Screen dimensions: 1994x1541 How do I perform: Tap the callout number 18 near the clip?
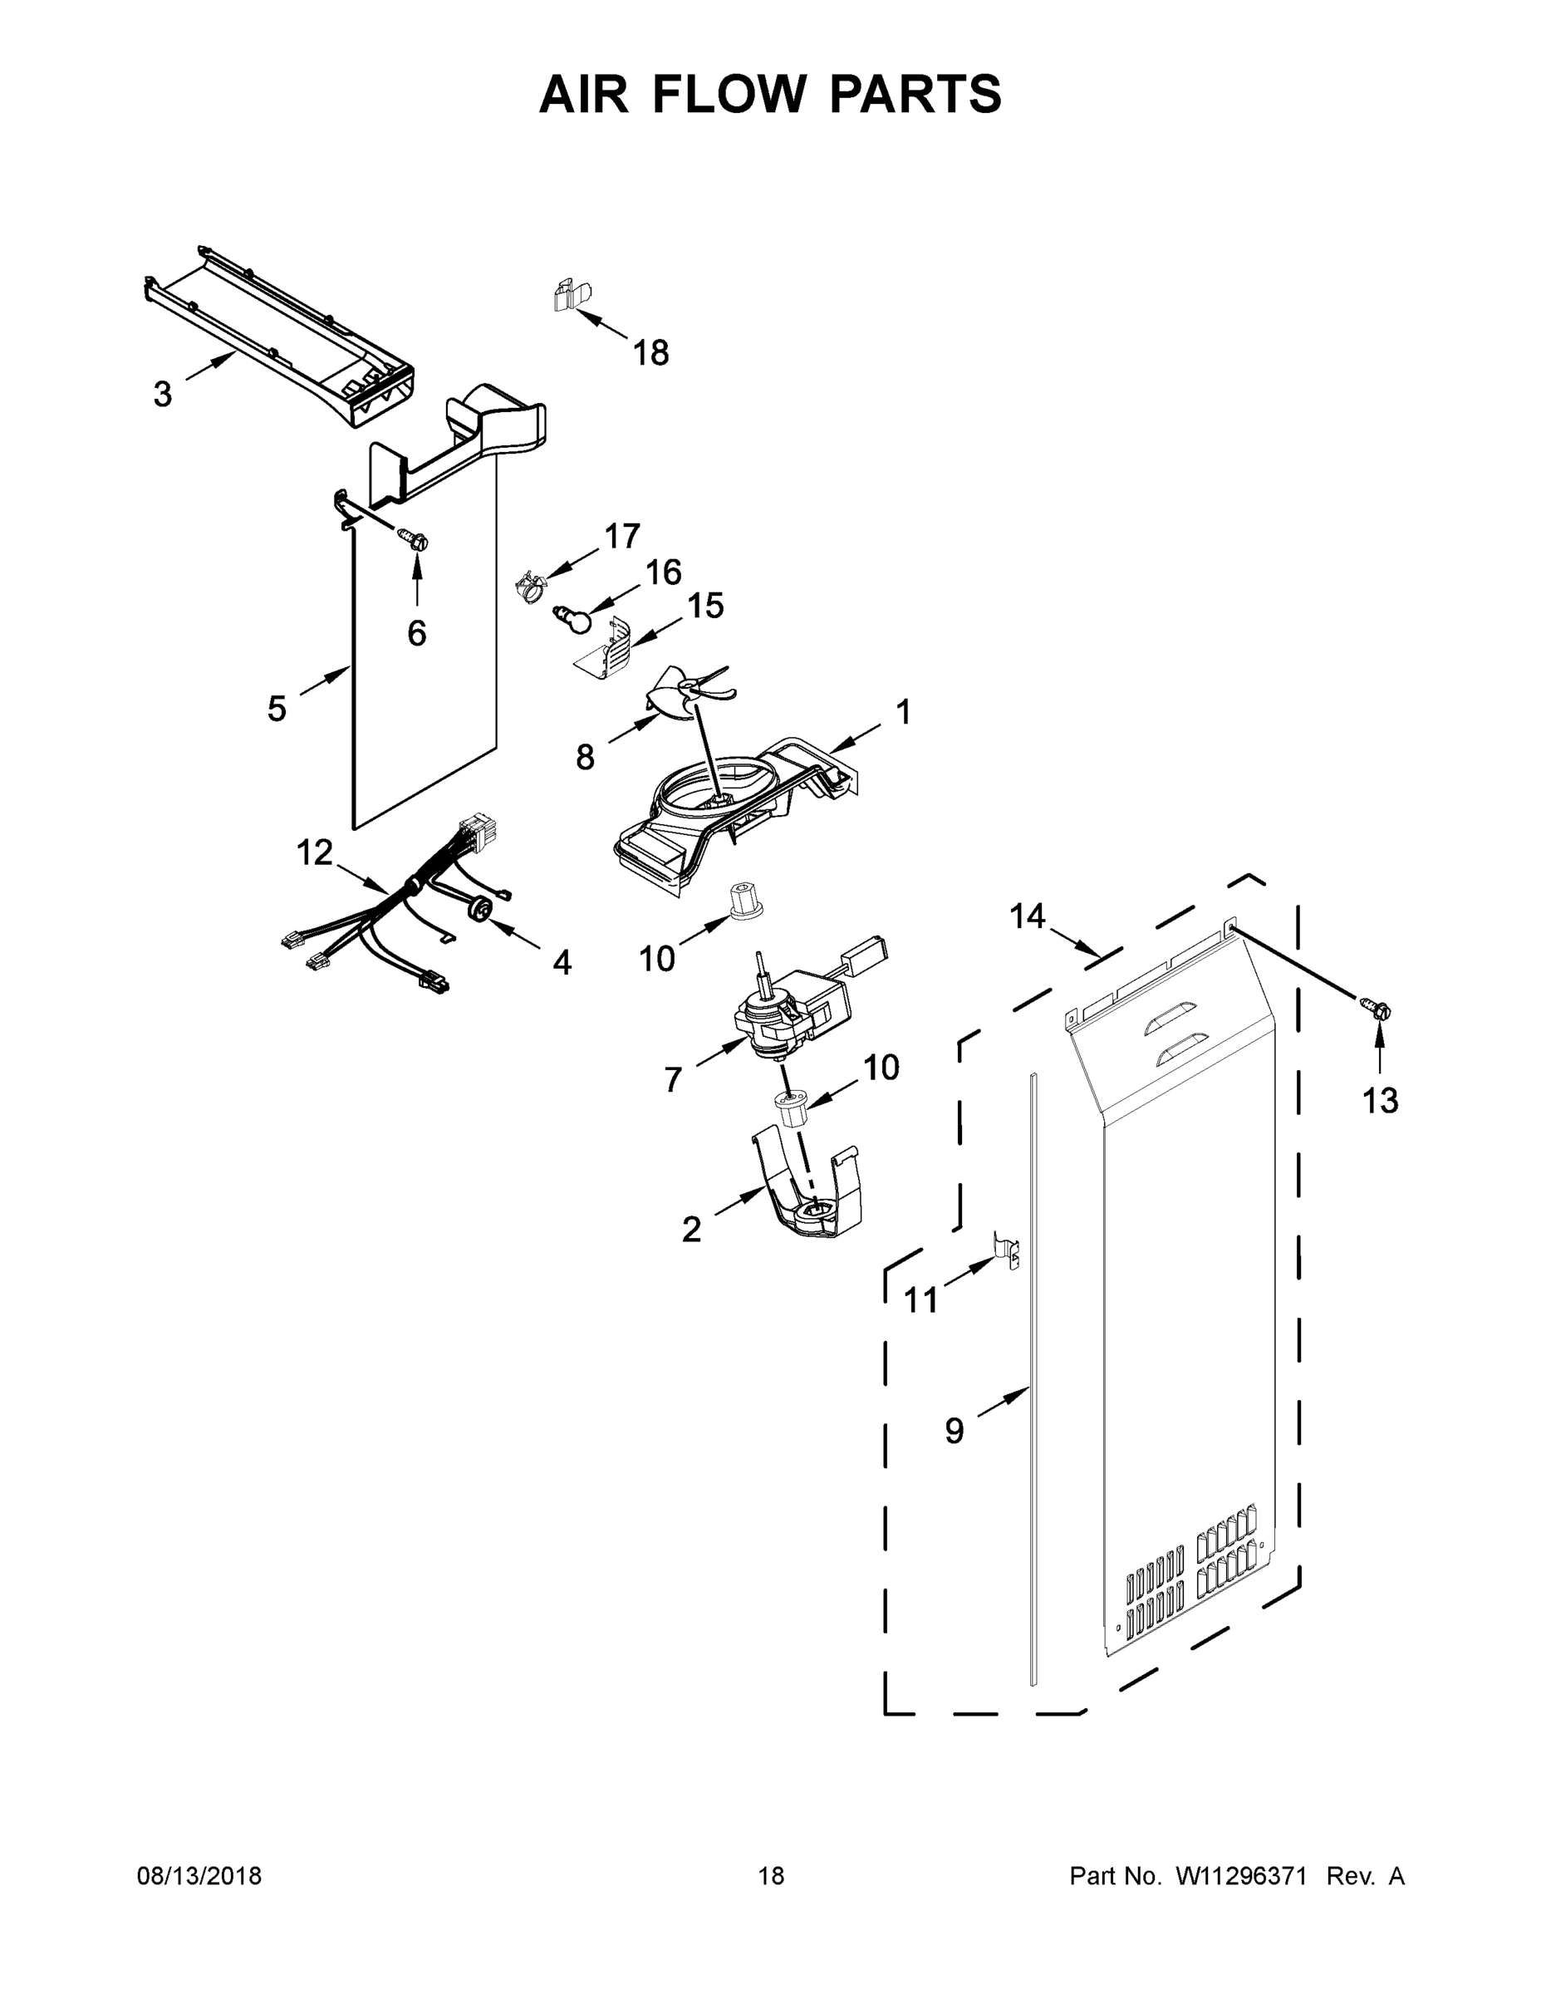(651, 352)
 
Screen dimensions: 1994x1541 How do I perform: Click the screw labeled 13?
(1378, 1009)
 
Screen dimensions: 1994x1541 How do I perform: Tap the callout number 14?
(1028, 915)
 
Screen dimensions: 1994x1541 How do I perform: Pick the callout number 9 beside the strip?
(954, 1430)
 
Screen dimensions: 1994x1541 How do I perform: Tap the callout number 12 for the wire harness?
(314, 852)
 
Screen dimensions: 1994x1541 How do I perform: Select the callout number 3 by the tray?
(163, 395)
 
